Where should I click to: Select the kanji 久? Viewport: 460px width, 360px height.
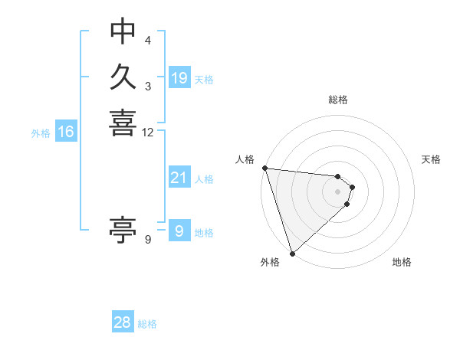(x=123, y=77)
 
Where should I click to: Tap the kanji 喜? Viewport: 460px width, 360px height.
(x=123, y=123)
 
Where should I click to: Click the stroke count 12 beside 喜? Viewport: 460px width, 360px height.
(x=148, y=133)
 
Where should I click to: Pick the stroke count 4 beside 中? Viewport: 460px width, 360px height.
(x=148, y=40)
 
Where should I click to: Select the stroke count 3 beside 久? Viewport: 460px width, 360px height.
(x=148, y=87)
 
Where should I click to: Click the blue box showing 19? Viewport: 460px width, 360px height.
(x=179, y=78)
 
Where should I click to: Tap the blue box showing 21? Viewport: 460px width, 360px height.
(x=179, y=178)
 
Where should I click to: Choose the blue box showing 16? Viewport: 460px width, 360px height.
(x=66, y=132)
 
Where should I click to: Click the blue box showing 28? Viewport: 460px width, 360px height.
(x=123, y=322)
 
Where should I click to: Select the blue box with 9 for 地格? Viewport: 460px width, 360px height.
(x=179, y=231)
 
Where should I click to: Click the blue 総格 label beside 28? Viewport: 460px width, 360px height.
(x=148, y=324)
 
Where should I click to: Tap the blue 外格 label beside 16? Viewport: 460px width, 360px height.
(x=41, y=133)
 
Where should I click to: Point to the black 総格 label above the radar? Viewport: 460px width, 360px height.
(x=337, y=100)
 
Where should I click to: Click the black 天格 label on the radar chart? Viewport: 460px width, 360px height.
(x=432, y=159)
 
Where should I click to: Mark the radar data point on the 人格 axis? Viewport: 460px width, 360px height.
(x=264, y=168)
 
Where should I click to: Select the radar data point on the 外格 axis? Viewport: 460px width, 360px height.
(x=293, y=253)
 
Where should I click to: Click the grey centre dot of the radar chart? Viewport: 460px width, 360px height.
(x=337, y=191)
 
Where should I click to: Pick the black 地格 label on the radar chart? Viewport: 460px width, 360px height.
(x=402, y=262)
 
